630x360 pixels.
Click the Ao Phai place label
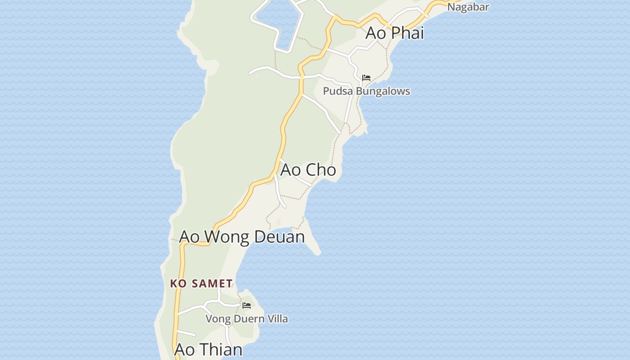pyautogui.click(x=395, y=33)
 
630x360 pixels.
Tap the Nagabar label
pyautogui.click(x=468, y=7)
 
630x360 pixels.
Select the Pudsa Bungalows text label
pyautogui.click(x=366, y=91)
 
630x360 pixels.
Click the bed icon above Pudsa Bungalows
pyautogui.click(x=366, y=78)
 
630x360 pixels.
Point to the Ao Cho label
pyautogui.click(x=308, y=170)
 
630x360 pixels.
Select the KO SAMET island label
pyautogui.click(x=201, y=283)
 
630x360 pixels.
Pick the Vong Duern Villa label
pyautogui.click(x=247, y=319)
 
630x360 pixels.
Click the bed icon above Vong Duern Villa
pyautogui.click(x=247, y=306)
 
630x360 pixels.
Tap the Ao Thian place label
pyautogui.click(x=208, y=350)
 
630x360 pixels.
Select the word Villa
pyautogui.click(x=277, y=319)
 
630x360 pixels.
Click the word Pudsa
pyautogui.click(x=338, y=91)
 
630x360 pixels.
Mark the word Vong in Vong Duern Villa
pyautogui.click(x=216, y=319)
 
